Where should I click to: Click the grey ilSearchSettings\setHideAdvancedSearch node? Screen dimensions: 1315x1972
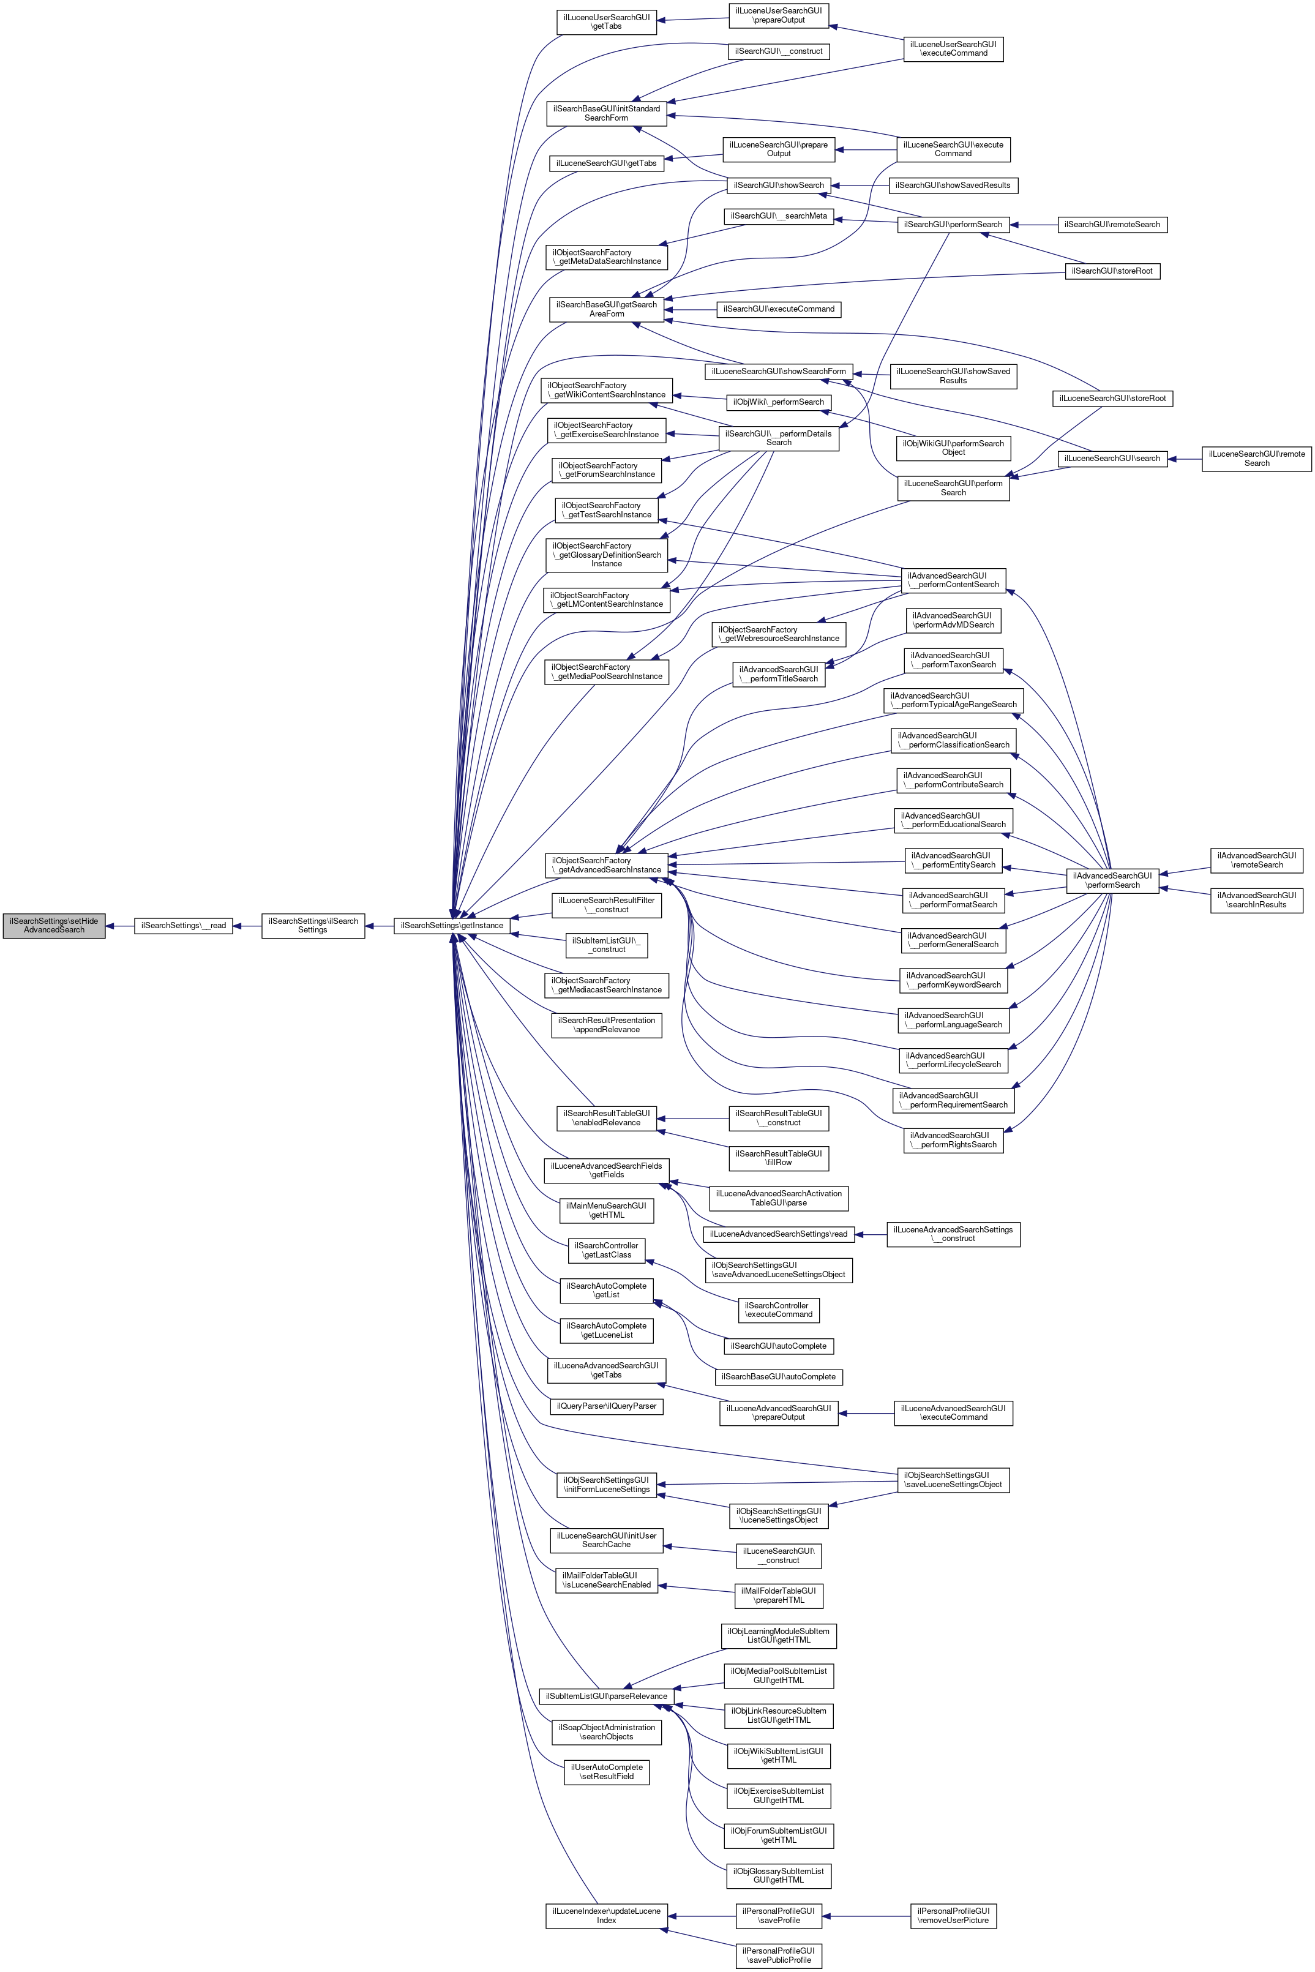54,925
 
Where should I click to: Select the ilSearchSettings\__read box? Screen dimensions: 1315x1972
184,926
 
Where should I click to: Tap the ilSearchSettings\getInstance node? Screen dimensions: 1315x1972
452,926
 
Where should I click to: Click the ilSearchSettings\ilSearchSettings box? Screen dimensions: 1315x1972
313,925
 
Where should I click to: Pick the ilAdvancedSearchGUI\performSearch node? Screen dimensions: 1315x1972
1113,880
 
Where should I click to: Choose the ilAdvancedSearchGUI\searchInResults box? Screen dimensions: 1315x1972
1256,899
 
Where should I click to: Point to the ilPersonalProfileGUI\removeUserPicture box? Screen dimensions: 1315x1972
954,1915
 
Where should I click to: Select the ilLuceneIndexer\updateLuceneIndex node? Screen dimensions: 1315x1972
606,1915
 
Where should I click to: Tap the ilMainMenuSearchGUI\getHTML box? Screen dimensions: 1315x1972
606,1210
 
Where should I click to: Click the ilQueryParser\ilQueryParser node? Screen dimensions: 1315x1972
606,1405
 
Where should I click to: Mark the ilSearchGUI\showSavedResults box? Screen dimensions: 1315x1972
954,184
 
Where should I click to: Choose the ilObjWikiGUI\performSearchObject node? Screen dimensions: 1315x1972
954,448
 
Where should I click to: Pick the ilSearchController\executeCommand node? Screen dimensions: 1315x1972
779,1310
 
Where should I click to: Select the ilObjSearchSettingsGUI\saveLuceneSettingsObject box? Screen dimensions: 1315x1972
954,1479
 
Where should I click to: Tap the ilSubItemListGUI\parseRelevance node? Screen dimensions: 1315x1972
606,1695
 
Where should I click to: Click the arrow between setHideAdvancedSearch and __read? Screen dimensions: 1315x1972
120,926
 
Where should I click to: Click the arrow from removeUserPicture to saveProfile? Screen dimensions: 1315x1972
866,1915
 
